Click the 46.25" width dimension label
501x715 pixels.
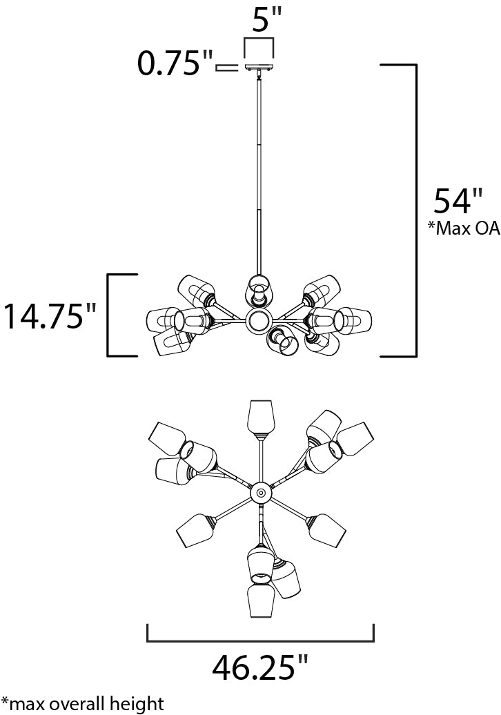tap(259, 667)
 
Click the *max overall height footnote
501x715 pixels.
tap(83, 703)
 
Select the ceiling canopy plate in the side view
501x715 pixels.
tap(259, 68)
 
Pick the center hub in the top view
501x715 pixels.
tap(260, 492)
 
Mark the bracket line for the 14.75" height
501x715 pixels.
tap(108, 315)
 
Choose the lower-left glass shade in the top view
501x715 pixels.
tap(195, 530)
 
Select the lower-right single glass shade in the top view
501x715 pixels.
tap(326, 529)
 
